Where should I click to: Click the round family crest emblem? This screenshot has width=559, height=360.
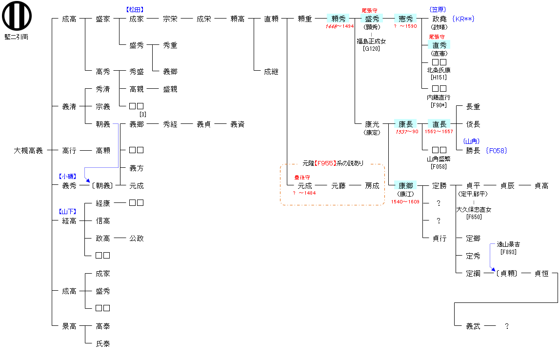coord(17,17)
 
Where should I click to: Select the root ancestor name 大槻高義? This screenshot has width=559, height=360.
coord(28,151)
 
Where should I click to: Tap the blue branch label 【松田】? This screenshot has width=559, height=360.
coord(136,9)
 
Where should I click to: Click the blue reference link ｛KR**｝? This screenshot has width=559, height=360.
coord(463,19)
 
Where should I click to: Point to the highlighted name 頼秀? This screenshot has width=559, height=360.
coord(339,19)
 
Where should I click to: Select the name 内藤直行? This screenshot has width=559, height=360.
coord(439,98)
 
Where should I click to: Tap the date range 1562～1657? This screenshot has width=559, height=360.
coord(439,132)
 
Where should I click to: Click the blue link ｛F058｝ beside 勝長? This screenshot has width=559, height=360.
coord(497,151)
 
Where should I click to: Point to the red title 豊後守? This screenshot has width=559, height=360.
coord(302,178)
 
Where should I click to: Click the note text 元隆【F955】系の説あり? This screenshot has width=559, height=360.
coord(333,163)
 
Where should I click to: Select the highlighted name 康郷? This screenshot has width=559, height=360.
coord(406,186)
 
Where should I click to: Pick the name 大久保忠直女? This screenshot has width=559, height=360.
coord(474,210)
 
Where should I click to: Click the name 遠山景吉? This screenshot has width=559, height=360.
coord(508,244)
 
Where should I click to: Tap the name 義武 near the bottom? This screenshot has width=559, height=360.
coord(473,326)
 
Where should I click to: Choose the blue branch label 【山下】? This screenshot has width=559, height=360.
coord(68,212)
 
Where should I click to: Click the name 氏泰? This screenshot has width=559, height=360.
coord(103,344)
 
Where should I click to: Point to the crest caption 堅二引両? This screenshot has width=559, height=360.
coord(17,37)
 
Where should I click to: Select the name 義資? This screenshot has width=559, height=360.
coord(238,124)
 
